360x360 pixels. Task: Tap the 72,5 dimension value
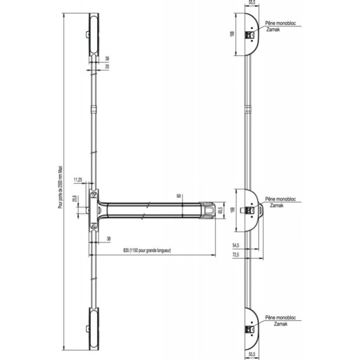pyautogui.click(x=236, y=255)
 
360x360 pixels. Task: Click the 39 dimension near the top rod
pyautogui.click(x=107, y=59)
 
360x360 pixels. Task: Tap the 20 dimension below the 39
pyautogui.click(x=107, y=66)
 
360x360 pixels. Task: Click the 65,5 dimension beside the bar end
pyautogui.click(x=221, y=210)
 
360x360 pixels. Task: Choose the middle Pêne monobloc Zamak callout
pyautogui.click(x=277, y=201)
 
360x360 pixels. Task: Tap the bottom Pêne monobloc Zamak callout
pyautogui.click(x=277, y=320)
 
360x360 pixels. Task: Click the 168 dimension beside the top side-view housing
pyautogui.click(x=232, y=35)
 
